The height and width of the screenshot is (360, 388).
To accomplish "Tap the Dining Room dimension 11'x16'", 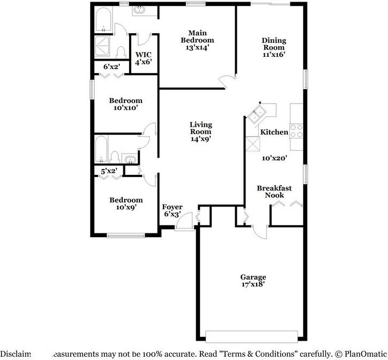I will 273,54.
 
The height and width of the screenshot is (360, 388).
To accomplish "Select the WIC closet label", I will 143,54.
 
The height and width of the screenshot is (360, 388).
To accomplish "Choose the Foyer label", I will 172,207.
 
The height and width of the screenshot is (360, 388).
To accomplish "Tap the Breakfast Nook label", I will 274,192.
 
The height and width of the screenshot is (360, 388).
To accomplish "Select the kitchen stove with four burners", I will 296,131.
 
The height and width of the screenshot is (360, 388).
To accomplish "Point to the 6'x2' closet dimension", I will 111,67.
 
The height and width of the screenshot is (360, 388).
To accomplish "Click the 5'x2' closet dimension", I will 109,172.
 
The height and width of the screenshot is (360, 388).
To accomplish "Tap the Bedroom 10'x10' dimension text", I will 126,108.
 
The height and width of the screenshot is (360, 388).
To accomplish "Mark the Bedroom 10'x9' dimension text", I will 126,207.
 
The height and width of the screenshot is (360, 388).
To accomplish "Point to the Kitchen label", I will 274,132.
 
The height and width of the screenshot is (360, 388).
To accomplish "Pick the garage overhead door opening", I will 251,336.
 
